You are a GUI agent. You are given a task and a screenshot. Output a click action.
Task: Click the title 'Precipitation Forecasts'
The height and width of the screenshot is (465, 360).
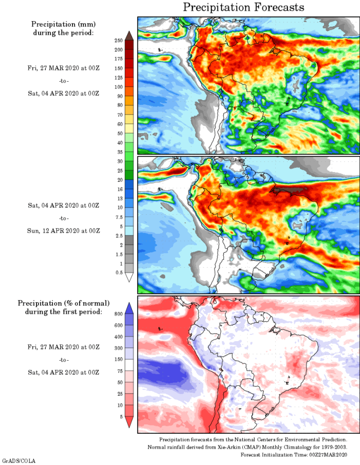(244, 7)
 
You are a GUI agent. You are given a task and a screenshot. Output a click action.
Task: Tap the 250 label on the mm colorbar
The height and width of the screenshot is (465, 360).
(118, 40)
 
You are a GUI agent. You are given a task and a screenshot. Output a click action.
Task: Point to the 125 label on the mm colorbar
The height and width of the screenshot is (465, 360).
(118, 77)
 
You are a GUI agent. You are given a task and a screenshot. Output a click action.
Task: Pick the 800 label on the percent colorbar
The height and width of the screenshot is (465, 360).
(118, 313)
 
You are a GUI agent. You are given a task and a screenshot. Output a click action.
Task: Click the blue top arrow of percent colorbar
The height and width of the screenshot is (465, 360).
(130, 307)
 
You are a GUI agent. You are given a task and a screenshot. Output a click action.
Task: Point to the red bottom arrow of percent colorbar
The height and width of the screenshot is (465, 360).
(130, 422)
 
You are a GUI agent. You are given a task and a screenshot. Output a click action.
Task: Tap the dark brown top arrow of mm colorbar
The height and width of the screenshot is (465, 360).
(130, 35)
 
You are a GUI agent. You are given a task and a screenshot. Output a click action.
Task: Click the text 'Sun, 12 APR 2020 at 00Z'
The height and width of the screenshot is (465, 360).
(63, 230)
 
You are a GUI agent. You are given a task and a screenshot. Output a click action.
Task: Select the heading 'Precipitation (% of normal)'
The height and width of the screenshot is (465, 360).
(64, 303)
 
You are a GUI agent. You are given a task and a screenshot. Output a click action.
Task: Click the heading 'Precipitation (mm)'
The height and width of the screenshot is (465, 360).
(63, 24)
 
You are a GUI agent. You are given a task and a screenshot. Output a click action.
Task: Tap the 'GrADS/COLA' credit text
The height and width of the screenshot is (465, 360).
(19, 461)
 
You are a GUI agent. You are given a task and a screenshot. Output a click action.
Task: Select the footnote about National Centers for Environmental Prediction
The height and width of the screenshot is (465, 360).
(253, 439)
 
